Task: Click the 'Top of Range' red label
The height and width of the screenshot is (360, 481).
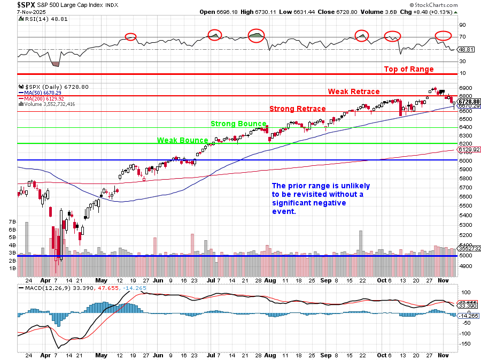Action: tap(409, 69)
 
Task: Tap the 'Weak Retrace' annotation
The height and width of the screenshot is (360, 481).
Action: tap(354, 91)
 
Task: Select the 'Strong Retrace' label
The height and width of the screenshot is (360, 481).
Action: tap(297, 109)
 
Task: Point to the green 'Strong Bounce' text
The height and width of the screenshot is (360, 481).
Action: tap(238, 124)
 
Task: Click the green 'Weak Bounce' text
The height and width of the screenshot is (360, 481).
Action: tap(182, 140)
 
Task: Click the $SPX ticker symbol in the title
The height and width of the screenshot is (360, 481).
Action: tap(26, 4)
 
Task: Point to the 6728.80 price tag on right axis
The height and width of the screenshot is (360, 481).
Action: tap(469, 101)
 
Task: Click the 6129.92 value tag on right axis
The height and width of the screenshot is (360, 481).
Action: tap(468, 150)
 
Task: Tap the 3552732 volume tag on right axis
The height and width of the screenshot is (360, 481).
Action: tap(469, 248)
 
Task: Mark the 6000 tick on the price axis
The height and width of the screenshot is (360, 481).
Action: tap(464, 160)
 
